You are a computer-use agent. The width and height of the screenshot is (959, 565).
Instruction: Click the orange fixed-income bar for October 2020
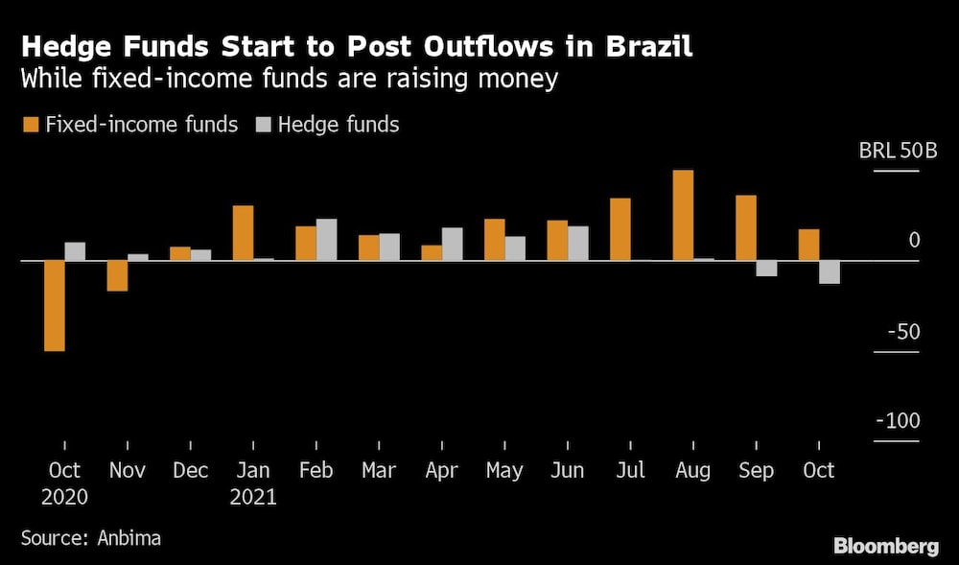(x=55, y=305)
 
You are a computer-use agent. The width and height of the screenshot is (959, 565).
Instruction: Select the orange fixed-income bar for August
(x=683, y=215)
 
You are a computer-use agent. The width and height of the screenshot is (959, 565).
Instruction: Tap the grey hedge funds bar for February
(x=327, y=239)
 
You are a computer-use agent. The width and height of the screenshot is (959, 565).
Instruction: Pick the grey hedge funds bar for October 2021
(x=830, y=271)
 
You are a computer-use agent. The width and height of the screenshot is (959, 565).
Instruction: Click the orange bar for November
(x=117, y=275)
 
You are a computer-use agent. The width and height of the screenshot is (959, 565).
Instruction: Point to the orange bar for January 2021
(x=244, y=232)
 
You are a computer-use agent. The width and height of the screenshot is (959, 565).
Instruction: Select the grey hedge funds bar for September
(x=766, y=268)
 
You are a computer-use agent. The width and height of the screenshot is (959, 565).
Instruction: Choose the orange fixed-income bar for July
(x=620, y=228)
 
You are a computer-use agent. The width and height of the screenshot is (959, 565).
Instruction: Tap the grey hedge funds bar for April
(x=453, y=244)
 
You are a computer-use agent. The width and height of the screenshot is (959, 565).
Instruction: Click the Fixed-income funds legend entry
(x=129, y=125)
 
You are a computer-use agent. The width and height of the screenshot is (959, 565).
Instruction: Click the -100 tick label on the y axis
(x=898, y=422)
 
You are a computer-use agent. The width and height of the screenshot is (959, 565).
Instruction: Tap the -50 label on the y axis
(x=901, y=332)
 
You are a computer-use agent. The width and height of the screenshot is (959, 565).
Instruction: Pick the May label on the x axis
(x=504, y=470)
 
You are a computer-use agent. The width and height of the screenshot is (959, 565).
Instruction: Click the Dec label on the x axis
(x=190, y=470)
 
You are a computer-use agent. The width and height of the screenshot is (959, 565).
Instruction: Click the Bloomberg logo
(x=885, y=546)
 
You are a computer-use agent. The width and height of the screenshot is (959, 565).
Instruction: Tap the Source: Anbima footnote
(x=91, y=538)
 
